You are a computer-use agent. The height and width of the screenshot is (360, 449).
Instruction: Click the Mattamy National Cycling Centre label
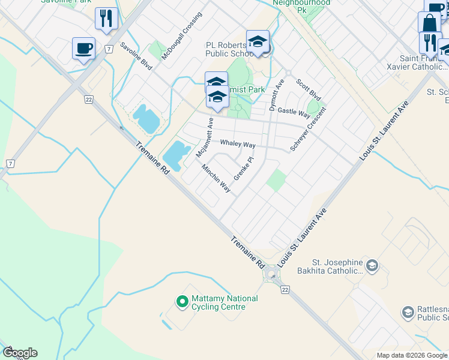coord(224,302)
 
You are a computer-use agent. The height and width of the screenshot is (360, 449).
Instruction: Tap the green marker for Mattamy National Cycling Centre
coord(181,302)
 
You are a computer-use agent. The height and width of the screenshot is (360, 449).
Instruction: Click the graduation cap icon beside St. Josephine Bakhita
coord(372,265)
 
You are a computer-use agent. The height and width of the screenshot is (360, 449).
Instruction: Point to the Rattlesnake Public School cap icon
coord(408,312)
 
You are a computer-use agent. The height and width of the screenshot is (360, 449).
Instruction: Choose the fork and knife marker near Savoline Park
coord(106,18)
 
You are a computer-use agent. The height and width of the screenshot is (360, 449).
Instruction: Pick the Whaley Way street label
coord(238,145)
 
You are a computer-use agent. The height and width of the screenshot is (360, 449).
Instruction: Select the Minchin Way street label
coord(216,178)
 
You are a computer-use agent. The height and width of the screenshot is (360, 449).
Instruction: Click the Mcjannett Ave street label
coord(204,137)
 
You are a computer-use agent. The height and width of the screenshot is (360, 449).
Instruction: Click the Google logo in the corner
coord(20,353)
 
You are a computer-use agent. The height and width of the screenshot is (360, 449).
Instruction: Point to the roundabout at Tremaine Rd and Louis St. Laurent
coord(272,275)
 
